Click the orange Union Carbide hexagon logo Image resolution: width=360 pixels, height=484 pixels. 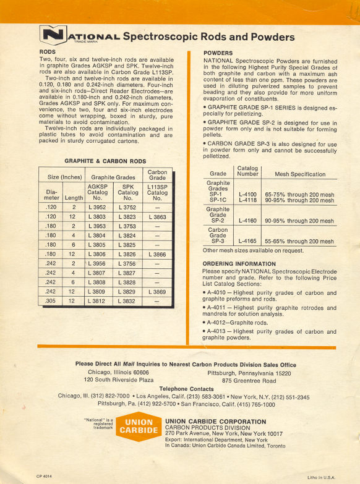tap(135, 428)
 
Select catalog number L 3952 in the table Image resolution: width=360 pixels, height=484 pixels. tap(96, 208)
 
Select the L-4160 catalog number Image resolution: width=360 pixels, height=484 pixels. tap(247, 221)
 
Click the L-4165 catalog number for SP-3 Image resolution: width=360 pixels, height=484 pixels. tap(247, 242)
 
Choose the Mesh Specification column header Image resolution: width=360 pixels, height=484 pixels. tap(300, 174)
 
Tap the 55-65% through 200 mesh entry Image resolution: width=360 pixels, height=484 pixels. tap(299, 242)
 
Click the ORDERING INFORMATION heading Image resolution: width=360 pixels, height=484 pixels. tap(239, 264)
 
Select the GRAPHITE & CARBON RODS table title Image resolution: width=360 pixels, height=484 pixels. tap(105, 161)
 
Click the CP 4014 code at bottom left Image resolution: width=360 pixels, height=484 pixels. tap(41, 476)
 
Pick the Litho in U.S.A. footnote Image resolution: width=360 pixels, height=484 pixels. tap(320, 477)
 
